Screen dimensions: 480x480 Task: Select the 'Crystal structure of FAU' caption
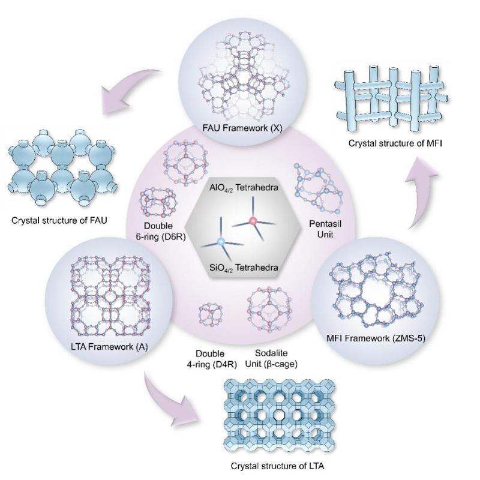coord(59,220)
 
